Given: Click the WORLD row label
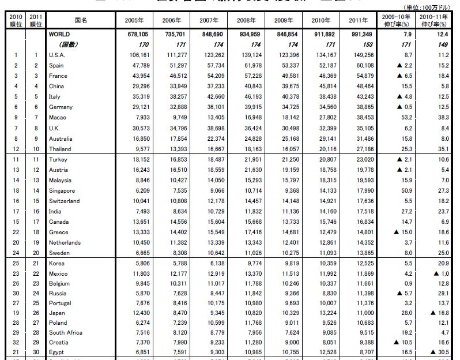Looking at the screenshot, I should (59, 34).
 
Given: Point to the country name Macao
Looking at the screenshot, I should (58, 117).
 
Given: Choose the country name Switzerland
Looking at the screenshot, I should (65, 201).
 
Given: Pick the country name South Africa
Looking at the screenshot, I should (66, 332).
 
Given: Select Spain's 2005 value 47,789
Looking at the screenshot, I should (133, 65).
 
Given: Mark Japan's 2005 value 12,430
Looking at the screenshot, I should (133, 312).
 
